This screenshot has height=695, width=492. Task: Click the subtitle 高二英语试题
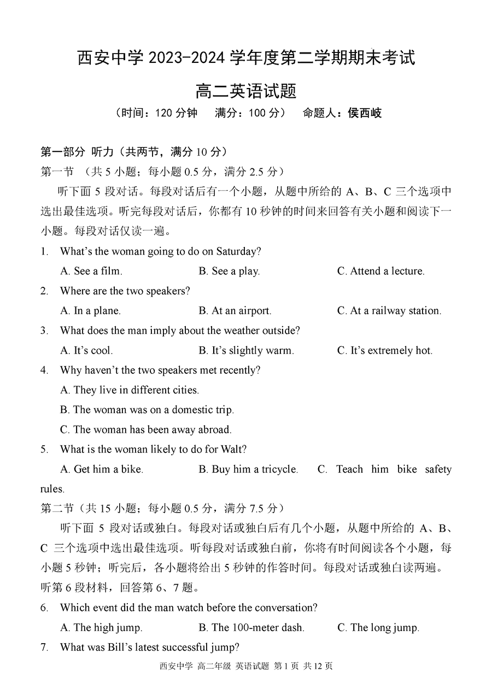[245, 90]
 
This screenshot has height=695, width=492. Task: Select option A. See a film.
[91, 271]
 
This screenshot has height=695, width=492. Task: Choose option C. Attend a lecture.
[380, 271]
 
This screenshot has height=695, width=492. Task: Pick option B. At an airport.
[235, 311]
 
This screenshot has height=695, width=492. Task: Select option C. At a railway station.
[389, 311]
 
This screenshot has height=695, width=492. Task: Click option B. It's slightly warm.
[246, 351]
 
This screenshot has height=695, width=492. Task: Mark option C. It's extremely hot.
[384, 351]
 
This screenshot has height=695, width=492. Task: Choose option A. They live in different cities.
[130, 390]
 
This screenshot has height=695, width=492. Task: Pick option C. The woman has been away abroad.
[146, 429]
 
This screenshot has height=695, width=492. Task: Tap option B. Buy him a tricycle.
[248, 469]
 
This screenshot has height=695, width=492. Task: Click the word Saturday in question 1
[236, 251]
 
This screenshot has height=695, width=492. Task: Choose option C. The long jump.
[378, 628]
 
